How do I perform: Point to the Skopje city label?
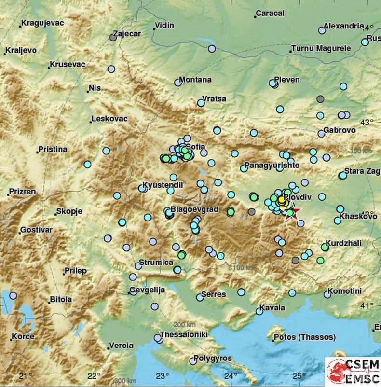click(x=69, y=211)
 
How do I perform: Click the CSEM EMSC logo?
click(x=353, y=371)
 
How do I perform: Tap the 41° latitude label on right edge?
click(x=367, y=305)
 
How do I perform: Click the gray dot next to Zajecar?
click(x=113, y=38)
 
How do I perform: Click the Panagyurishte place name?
click(x=272, y=166)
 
